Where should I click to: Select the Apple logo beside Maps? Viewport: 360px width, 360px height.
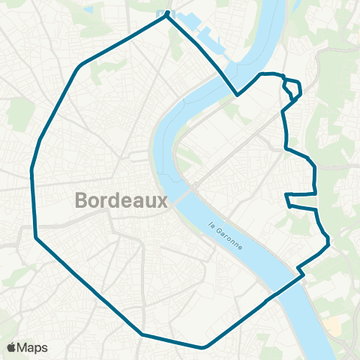click(x=12, y=347)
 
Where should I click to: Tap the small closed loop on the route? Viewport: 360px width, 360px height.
click(x=293, y=90)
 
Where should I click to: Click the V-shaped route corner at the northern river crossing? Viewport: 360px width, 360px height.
click(x=238, y=96)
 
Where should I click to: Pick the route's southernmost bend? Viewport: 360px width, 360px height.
click(x=202, y=348)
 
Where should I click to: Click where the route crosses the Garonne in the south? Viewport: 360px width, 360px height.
click(x=285, y=288)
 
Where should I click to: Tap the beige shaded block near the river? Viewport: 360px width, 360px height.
click(x=334, y=322)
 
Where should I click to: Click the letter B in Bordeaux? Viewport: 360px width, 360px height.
click(x=82, y=200)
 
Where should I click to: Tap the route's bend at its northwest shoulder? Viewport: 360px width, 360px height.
click(x=80, y=64)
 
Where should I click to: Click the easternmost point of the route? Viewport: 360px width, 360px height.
click(x=328, y=240)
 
